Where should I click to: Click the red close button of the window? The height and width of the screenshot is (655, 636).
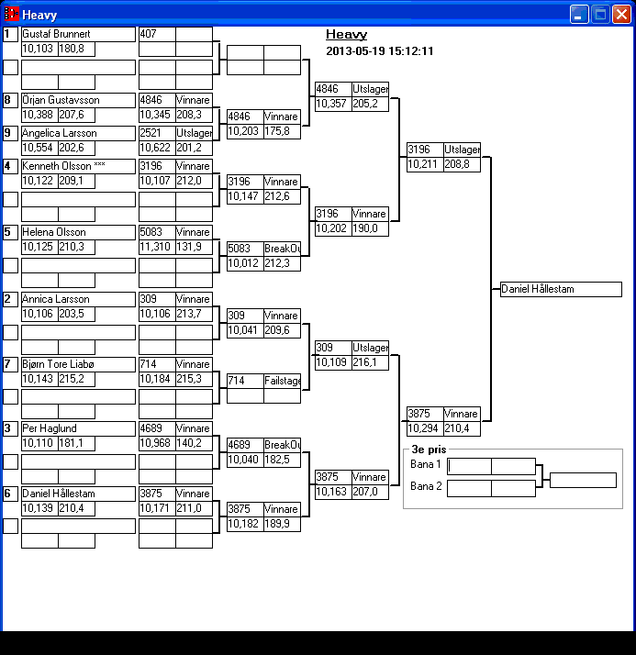(x=621, y=14)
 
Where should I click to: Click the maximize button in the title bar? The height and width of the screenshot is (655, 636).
(x=600, y=14)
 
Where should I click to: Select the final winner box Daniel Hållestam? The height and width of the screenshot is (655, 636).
(x=560, y=289)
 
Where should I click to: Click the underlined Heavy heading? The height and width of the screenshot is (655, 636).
(x=346, y=35)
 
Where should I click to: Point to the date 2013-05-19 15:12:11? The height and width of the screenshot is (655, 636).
(x=379, y=51)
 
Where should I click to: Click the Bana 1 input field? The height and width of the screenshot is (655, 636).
(x=469, y=466)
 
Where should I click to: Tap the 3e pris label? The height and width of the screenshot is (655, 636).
(x=428, y=450)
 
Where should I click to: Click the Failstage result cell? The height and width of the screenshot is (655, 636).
(x=283, y=381)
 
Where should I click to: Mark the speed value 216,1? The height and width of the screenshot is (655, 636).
(x=370, y=362)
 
